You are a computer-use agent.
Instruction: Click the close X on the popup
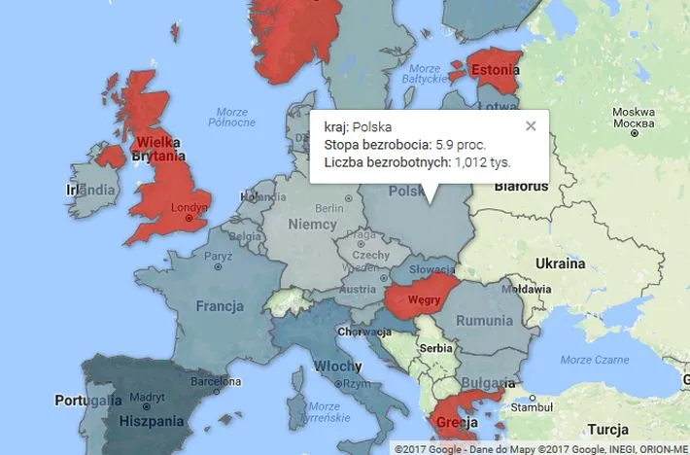click(x=531, y=125)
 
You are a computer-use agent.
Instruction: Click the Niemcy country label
click(x=313, y=225)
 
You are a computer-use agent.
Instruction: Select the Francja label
click(x=219, y=306)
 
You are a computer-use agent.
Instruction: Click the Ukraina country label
click(x=562, y=263)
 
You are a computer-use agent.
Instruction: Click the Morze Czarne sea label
click(x=588, y=360)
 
